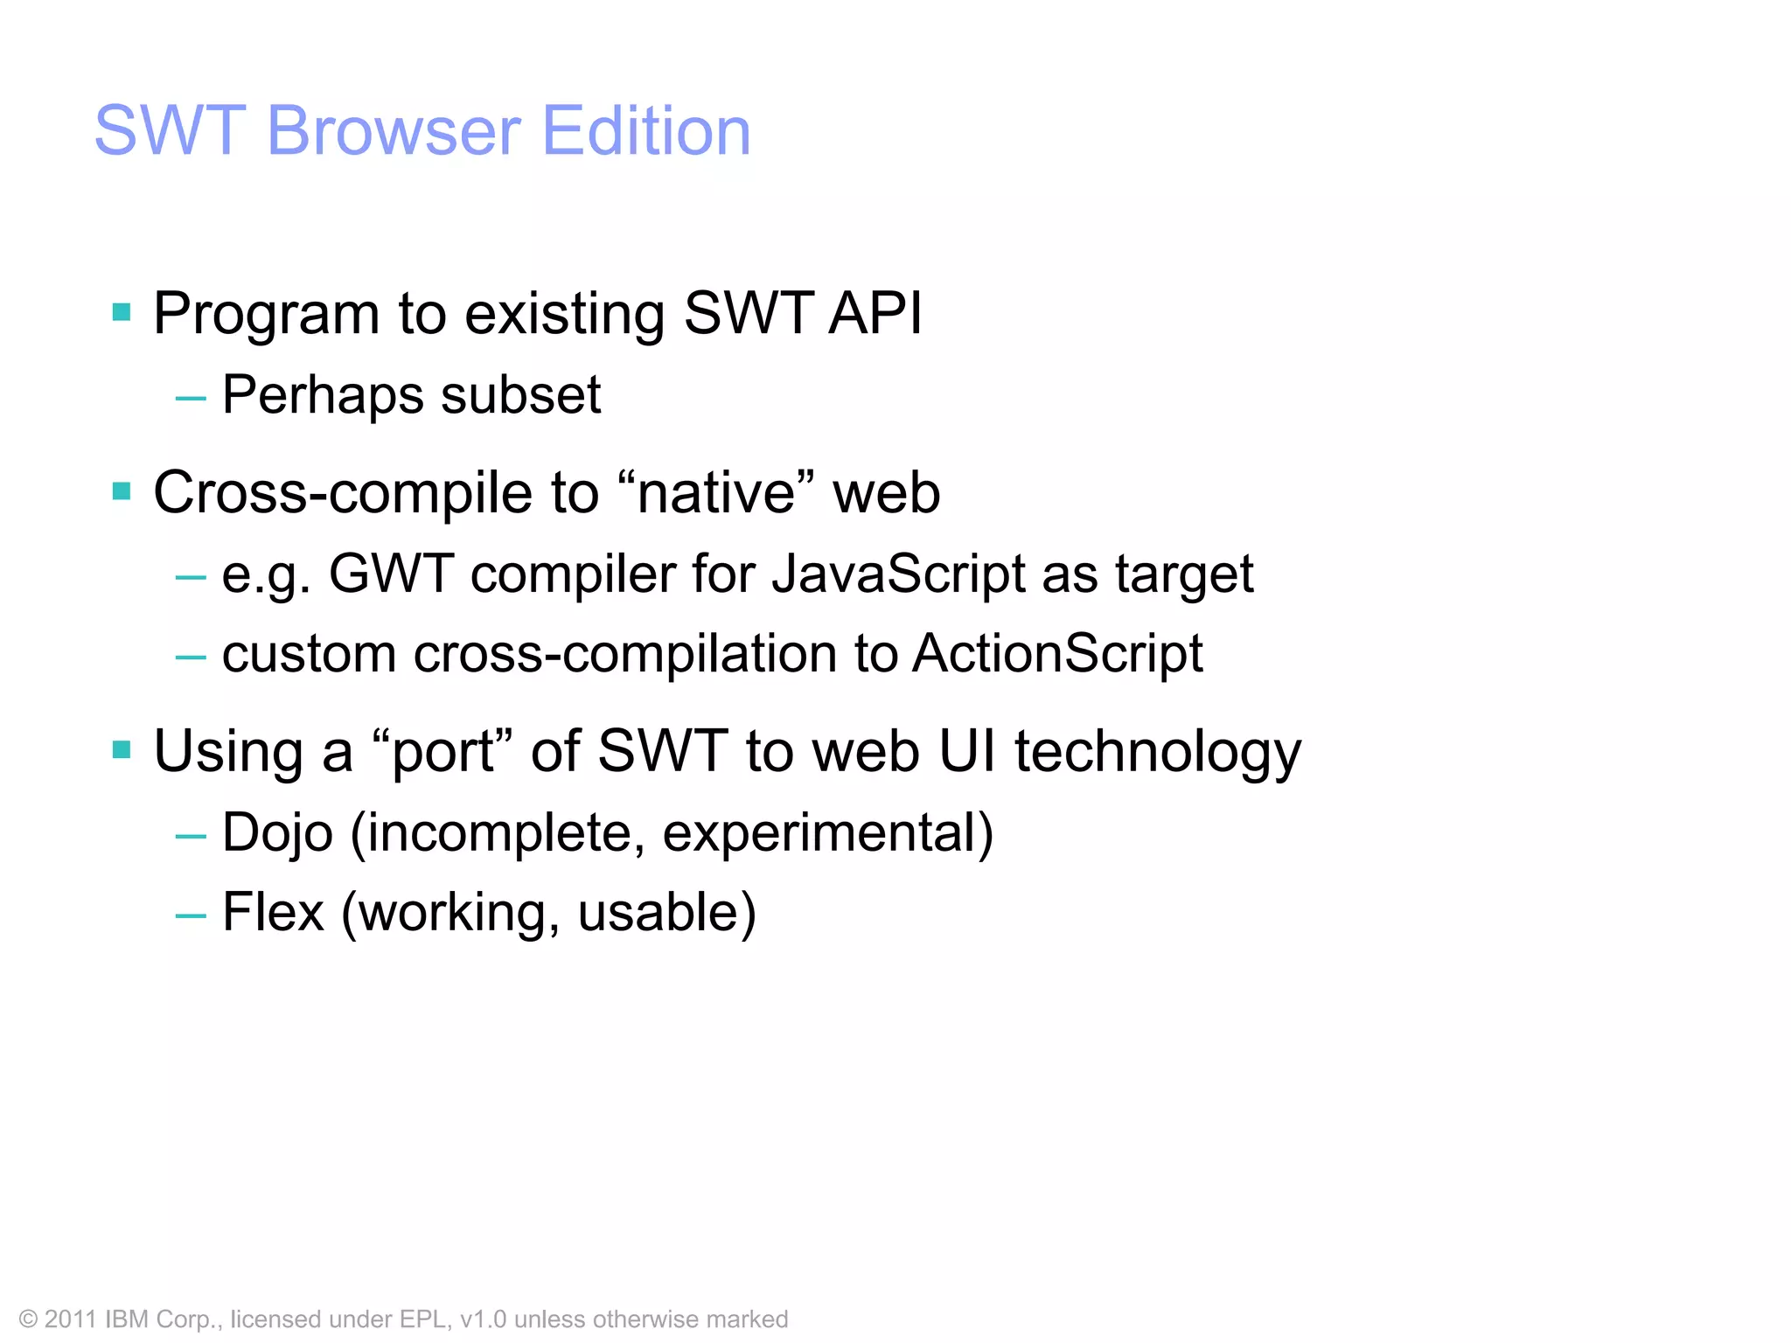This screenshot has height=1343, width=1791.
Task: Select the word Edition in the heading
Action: click(x=646, y=131)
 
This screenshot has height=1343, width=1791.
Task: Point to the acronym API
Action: click(x=875, y=313)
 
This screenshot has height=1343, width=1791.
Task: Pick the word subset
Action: click(x=521, y=395)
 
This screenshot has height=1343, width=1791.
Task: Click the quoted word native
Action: click(x=716, y=493)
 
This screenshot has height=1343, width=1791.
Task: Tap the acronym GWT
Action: click(x=391, y=574)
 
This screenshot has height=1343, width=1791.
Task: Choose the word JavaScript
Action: click(x=897, y=575)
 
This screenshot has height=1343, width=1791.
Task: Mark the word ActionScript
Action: click(x=1057, y=655)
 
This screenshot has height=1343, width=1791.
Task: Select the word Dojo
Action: click(x=277, y=833)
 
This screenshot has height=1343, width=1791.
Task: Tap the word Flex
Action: click(x=273, y=913)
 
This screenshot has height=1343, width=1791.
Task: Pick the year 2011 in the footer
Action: click(x=70, y=1319)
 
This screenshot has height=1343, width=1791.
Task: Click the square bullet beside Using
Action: click(x=122, y=749)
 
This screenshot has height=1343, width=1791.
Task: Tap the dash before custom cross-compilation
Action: click(x=191, y=656)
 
